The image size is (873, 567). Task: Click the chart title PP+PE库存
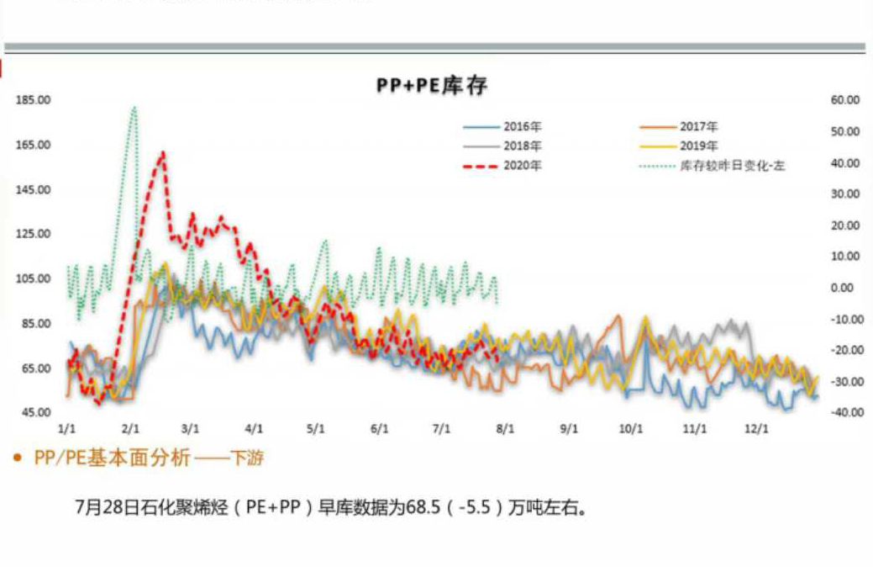click(x=430, y=86)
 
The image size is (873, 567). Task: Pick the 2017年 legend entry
click(x=699, y=128)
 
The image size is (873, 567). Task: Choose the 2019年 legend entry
click(x=699, y=146)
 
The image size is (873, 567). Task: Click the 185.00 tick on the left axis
click(x=34, y=100)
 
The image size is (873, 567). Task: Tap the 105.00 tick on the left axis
click(x=34, y=278)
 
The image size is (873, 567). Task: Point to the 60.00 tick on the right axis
click(x=844, y=100)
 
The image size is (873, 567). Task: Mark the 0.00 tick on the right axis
click(x=842, y=288)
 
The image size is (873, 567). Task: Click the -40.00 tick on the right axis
click(x=843, y=412)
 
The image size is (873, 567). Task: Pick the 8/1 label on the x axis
click(x=505, y=428)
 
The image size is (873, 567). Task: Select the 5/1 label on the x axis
click(x=316, y=428)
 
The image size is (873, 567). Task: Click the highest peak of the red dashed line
click(x=161, y=153)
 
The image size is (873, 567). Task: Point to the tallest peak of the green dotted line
click(x=134, y=108)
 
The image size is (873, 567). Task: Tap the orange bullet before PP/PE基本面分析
click(x=18, y=458)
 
